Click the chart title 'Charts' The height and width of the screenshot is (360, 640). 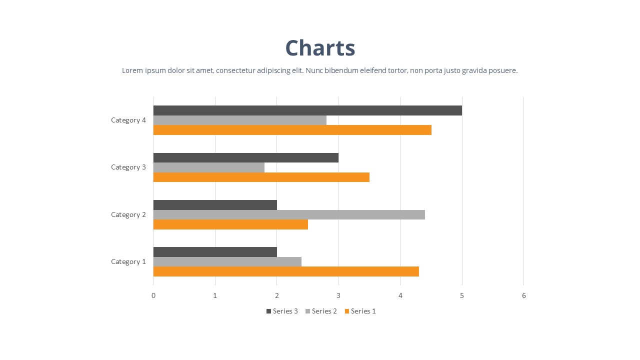click(320, 48)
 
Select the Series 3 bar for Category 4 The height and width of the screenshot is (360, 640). click(307, 110)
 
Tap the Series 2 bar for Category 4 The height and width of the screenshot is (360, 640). click(239, 120)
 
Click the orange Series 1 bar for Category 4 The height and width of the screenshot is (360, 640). click(292, 130)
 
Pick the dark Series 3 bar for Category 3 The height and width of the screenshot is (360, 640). click(245, 158)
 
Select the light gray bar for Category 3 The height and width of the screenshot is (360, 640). click(208, 167)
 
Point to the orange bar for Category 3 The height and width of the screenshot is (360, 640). click(261, 177)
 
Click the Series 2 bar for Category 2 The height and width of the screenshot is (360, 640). click(289, 214)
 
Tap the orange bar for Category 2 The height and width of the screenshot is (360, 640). click(230, 224)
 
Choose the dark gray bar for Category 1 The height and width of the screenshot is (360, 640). click(215, 252)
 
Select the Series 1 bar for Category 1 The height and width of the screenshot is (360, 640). click(286, 271)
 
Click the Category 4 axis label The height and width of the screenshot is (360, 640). click(128, 120)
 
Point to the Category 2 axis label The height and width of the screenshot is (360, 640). click(128, 214)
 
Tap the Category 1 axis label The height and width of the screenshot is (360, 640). click(128, 261)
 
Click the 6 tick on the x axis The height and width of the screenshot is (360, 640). click(523, 295)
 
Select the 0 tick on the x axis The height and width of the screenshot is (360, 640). click(153, 295)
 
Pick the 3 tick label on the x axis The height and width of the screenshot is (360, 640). click(338, 295)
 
